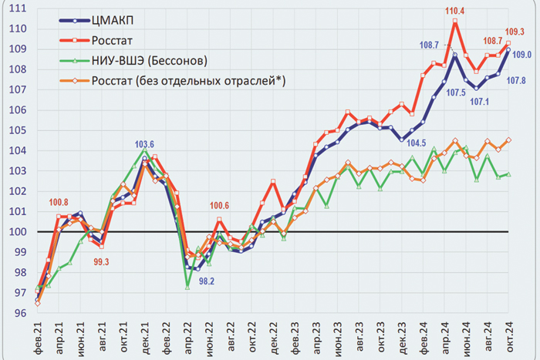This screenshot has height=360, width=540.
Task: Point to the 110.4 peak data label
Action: [456, 10]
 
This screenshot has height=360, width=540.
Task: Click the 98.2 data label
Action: [207, 281]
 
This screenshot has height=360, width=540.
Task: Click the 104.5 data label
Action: [417, 143]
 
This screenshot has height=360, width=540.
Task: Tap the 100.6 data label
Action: [221, 206]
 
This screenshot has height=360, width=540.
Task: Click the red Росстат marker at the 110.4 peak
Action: [455, 21]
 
